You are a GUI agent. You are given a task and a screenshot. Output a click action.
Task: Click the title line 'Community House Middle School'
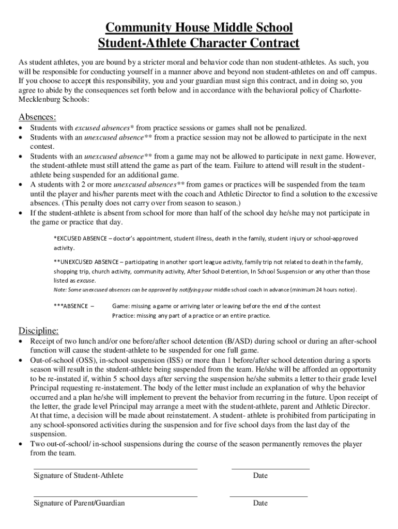click(199, 27)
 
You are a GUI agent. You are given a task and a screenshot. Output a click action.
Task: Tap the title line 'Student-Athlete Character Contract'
click(199, 43)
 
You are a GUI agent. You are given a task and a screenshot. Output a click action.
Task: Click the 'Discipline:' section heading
click(39, 331)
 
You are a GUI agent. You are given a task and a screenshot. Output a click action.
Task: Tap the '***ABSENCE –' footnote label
click(73, 306)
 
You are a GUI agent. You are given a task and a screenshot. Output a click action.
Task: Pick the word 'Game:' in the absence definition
click(120, 306)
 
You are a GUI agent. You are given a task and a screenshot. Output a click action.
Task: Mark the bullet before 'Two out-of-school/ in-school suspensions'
click(21, 444)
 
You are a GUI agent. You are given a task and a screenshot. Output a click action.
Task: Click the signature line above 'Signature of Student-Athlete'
click(115, 469)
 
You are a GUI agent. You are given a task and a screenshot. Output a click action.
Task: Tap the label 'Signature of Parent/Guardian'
click(79, 503)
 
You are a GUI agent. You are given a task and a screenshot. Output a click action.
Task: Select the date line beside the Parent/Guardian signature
click(268, 496)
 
